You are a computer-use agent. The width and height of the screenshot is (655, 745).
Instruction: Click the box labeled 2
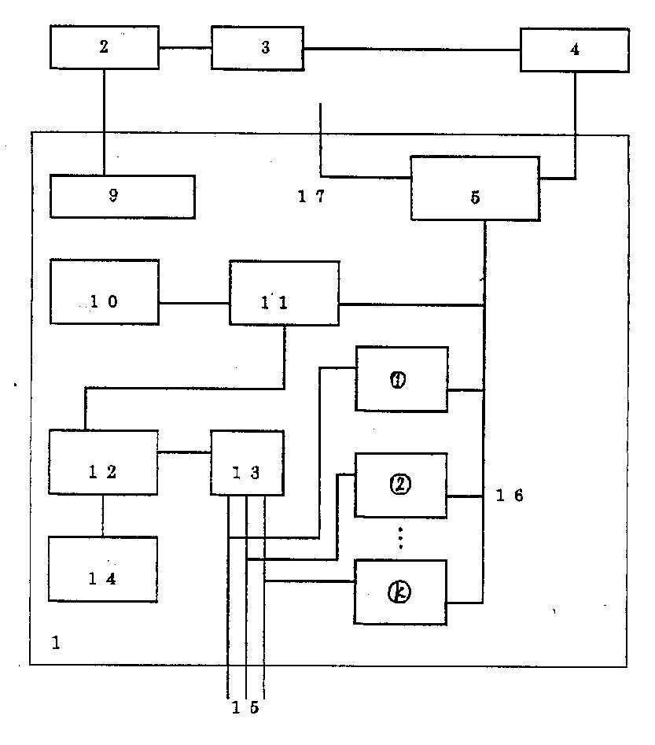[105, 47]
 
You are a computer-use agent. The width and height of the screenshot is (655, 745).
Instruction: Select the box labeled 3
[257, 47]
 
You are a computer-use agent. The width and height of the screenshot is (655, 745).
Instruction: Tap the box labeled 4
[574, 50]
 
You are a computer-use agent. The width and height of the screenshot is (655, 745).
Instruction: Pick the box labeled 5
[475, 188]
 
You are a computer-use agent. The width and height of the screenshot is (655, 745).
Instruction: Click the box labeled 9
[122, 196]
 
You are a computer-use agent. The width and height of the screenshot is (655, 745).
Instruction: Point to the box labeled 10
[104, 292]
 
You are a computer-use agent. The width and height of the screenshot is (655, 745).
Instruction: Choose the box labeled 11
[284, 293]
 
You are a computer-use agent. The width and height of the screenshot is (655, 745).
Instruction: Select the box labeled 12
[102, 462]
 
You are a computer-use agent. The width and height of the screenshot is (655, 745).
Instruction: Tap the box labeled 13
[247, 463]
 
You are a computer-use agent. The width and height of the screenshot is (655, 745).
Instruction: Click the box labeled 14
[102, 570]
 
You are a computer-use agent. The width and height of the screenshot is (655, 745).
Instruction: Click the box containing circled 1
[401, 378]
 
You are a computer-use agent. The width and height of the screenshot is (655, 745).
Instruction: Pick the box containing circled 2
[401, 485]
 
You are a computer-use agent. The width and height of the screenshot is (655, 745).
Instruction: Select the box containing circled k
[400, 592]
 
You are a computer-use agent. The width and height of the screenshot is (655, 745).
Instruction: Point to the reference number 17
[311, 197]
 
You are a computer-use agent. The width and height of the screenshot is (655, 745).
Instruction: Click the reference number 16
[510, 496]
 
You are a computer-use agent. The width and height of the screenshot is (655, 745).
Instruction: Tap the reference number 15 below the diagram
[245, 708]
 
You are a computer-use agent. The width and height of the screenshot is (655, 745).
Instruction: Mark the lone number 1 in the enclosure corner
[55, 644]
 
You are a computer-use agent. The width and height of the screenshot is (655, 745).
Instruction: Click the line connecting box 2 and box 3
[185, 48]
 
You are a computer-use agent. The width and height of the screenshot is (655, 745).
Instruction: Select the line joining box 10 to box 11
[193, 303]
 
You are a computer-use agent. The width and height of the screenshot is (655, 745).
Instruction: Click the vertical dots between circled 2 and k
[400, 538]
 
